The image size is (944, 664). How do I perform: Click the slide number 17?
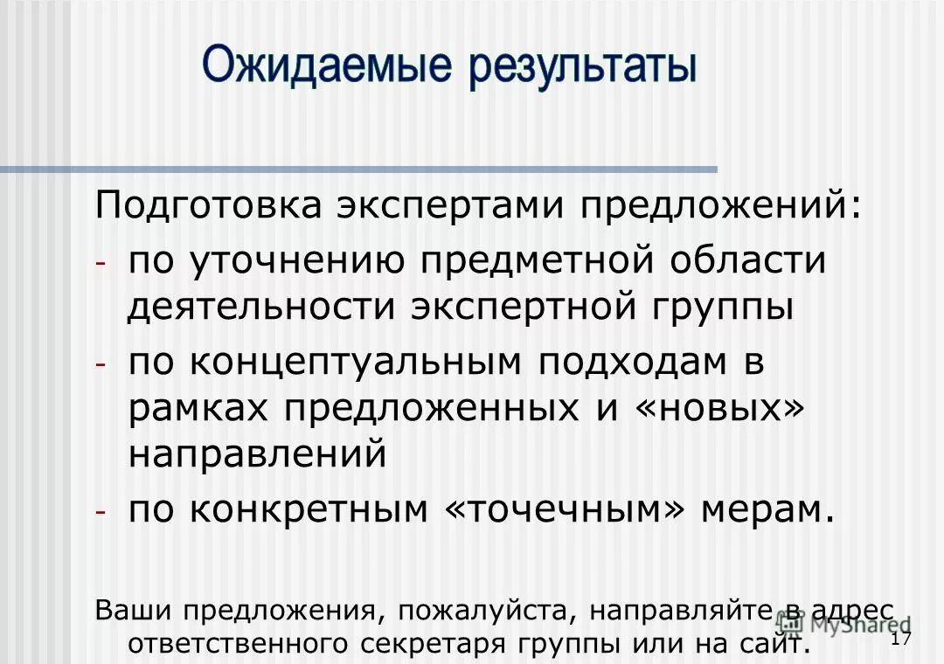901,639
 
